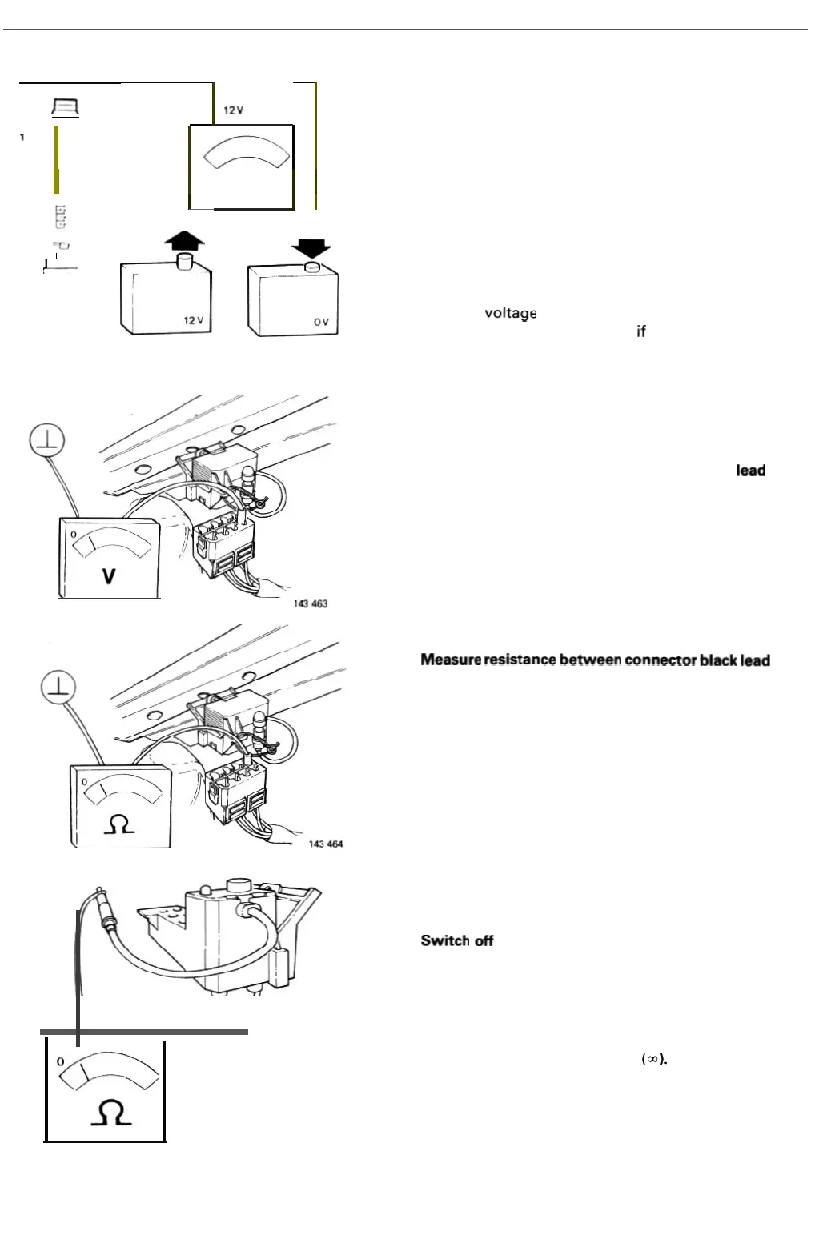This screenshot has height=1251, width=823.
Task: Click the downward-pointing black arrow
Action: pos(311,249)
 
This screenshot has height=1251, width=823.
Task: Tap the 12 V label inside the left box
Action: pos(194,320)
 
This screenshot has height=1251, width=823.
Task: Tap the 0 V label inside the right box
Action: pos(321,322)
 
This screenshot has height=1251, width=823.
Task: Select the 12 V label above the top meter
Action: pos(234,110)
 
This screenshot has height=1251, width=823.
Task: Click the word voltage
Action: pos(510,313)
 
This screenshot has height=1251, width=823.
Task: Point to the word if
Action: pos(640,331)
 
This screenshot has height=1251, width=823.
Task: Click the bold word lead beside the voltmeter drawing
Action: pos(750,471)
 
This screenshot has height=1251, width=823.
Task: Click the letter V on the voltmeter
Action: pos(109,575)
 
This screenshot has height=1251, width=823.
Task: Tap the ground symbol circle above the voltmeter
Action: pos(47,440)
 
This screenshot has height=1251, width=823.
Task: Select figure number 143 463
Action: pos(310,603)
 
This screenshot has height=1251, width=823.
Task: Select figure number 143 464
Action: pos(326,844)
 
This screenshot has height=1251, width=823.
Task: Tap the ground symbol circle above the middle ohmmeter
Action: pos(58,688)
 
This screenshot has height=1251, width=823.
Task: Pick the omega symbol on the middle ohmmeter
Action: pos(119,824)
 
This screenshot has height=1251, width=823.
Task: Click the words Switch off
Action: pos(457,940)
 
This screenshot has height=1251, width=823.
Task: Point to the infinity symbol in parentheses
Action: pos(653,1059)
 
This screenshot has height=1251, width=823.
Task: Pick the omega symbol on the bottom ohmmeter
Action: pos(110,1113)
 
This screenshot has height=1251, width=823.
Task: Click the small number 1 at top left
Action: pos(22,137)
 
